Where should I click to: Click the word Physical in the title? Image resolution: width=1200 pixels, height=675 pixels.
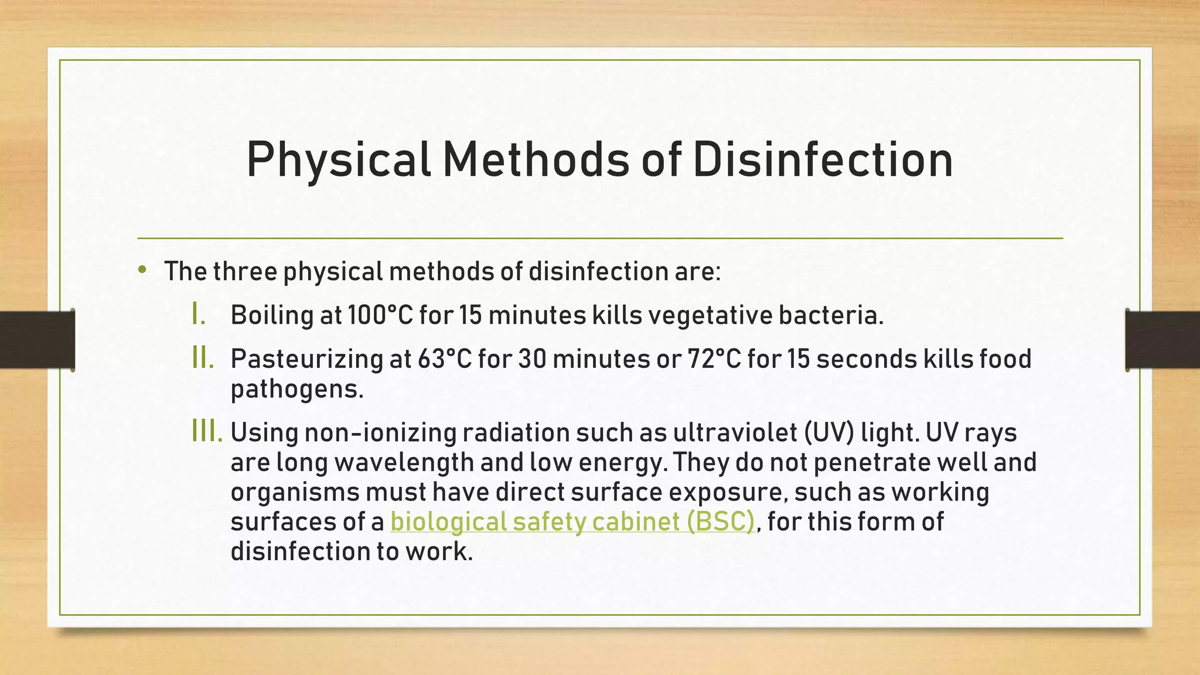coord(338,160)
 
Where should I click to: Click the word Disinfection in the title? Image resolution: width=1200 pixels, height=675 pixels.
coord(823,160)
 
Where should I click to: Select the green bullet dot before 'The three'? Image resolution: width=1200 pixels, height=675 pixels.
coord(142,270)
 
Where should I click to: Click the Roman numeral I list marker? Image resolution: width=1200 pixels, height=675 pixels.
coord(199,315)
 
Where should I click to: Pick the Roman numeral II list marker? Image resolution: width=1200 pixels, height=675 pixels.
coord(203,359)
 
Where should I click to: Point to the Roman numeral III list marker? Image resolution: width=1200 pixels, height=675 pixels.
coord(207,432)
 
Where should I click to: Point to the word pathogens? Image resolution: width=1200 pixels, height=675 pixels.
coord(296,389)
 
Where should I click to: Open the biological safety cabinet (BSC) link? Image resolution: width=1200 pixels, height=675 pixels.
coord(572,521)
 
